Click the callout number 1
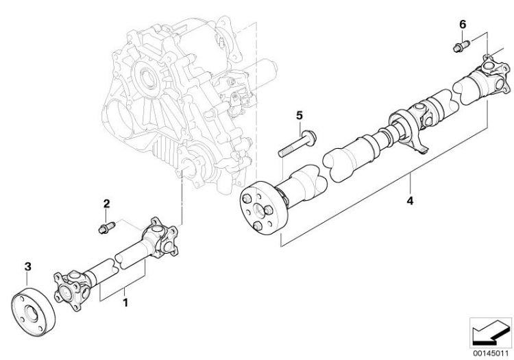click(124, 301)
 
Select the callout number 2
click(106, 203)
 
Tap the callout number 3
click(27, 265)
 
